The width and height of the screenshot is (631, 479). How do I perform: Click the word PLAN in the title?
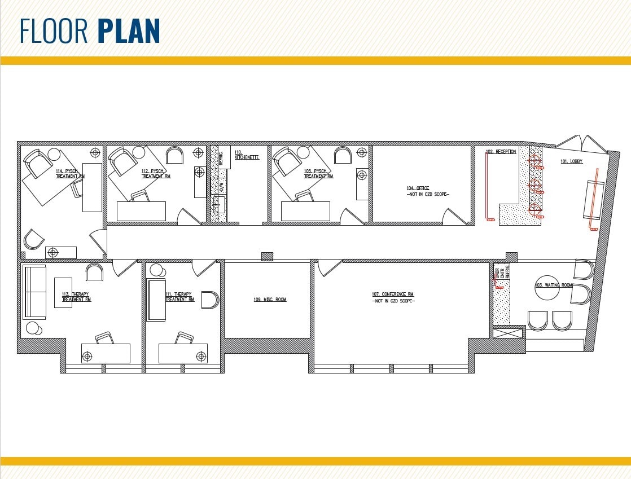pos(129,32)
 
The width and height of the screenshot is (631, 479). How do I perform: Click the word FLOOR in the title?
pos(55,32)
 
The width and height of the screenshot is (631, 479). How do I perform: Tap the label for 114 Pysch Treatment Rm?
pos(70,173)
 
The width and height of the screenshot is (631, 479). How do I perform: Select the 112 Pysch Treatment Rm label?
pos(156,173)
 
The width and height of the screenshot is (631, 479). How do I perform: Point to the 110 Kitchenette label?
pos(247,155)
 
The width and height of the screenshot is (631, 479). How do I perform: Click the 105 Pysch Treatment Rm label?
pos(318,173)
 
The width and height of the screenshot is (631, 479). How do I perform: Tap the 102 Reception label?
pos(501,152)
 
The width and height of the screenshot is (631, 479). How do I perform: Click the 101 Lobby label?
pos(571,161)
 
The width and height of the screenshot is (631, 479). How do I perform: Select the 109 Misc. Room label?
pos(270,300)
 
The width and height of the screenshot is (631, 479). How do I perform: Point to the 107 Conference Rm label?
pos(393,295)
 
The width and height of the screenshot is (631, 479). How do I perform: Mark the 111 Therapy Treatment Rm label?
pos(179,297)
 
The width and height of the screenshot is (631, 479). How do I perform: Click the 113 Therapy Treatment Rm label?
pos(76,297)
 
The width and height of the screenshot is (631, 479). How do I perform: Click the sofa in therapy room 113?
pos(34,292)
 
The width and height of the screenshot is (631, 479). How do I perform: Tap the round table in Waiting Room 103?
pos(546,290)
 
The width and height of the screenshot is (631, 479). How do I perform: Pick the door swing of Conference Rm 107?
pos(330,267)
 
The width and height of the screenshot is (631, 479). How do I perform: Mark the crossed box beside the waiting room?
pos(501,332)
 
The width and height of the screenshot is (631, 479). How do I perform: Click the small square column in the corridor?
pos(267,256)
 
